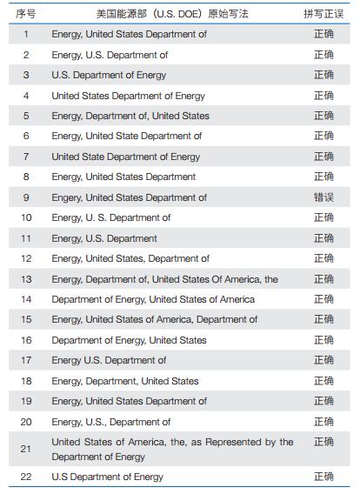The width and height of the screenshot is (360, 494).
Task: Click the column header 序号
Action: click(26, 14)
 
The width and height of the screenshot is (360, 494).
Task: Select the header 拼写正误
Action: click(323, 14)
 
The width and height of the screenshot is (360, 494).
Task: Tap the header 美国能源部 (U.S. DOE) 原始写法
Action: click(172, 14)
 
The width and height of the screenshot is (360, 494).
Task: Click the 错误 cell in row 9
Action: click(323, 197)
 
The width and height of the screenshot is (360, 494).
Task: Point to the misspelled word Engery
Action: click(67, 197)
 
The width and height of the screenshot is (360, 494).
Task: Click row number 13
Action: click(26, 279)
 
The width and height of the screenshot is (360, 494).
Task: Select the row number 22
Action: click(26, 477)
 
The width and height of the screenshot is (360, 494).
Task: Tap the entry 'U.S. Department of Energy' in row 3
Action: click(109, 76)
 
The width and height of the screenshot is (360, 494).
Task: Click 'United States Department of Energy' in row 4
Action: click(129, 96)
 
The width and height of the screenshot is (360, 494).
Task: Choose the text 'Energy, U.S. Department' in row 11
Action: click(104, 238)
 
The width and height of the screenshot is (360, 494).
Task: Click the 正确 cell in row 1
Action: click(323, 34)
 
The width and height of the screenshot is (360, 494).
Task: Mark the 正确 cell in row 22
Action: click(323, 477)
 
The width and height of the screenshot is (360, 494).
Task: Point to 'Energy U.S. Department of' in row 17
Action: click(109, 360)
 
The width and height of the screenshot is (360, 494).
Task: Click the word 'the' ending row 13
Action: click(271, 279)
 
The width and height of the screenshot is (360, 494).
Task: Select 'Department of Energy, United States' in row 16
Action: click(130, 340)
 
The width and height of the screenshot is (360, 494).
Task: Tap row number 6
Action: click(26, 136)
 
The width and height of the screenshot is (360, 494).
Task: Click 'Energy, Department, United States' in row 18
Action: click(125, 381)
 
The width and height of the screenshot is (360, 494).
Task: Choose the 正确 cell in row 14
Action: click(323, 299)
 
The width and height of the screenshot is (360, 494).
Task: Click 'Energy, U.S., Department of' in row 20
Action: click(111, 422)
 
